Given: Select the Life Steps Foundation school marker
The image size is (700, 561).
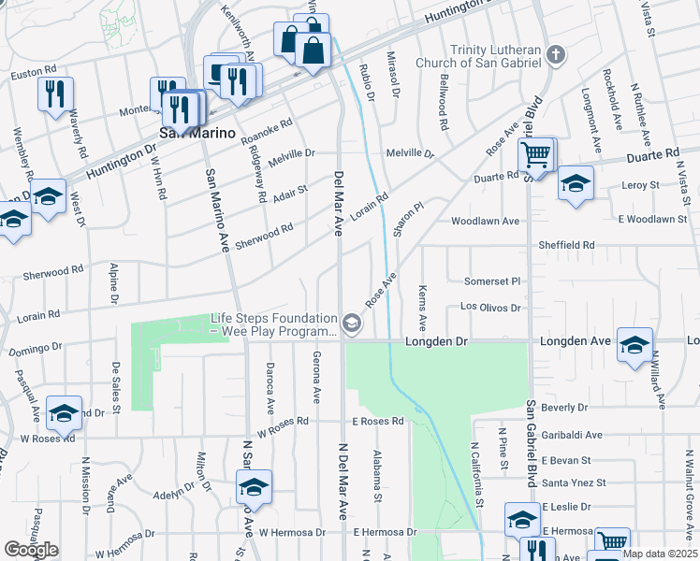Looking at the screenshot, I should tap(352, 324).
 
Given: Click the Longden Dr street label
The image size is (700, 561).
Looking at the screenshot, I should tap(435, 342).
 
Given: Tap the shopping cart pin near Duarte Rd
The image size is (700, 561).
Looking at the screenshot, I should tap(536, 154).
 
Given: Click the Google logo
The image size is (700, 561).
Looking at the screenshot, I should tap(32, 549).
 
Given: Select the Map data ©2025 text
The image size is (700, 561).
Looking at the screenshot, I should tap(659, 553).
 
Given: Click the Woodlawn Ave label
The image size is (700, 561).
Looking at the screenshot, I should tap(485, 222).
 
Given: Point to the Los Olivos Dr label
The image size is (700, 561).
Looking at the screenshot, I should tap(489, 307).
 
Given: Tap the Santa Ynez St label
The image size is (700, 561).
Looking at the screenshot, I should tap(575, 483).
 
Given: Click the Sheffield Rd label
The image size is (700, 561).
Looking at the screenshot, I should tap(566, 245).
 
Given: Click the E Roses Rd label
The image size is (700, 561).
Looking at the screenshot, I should tap(378, 422).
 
